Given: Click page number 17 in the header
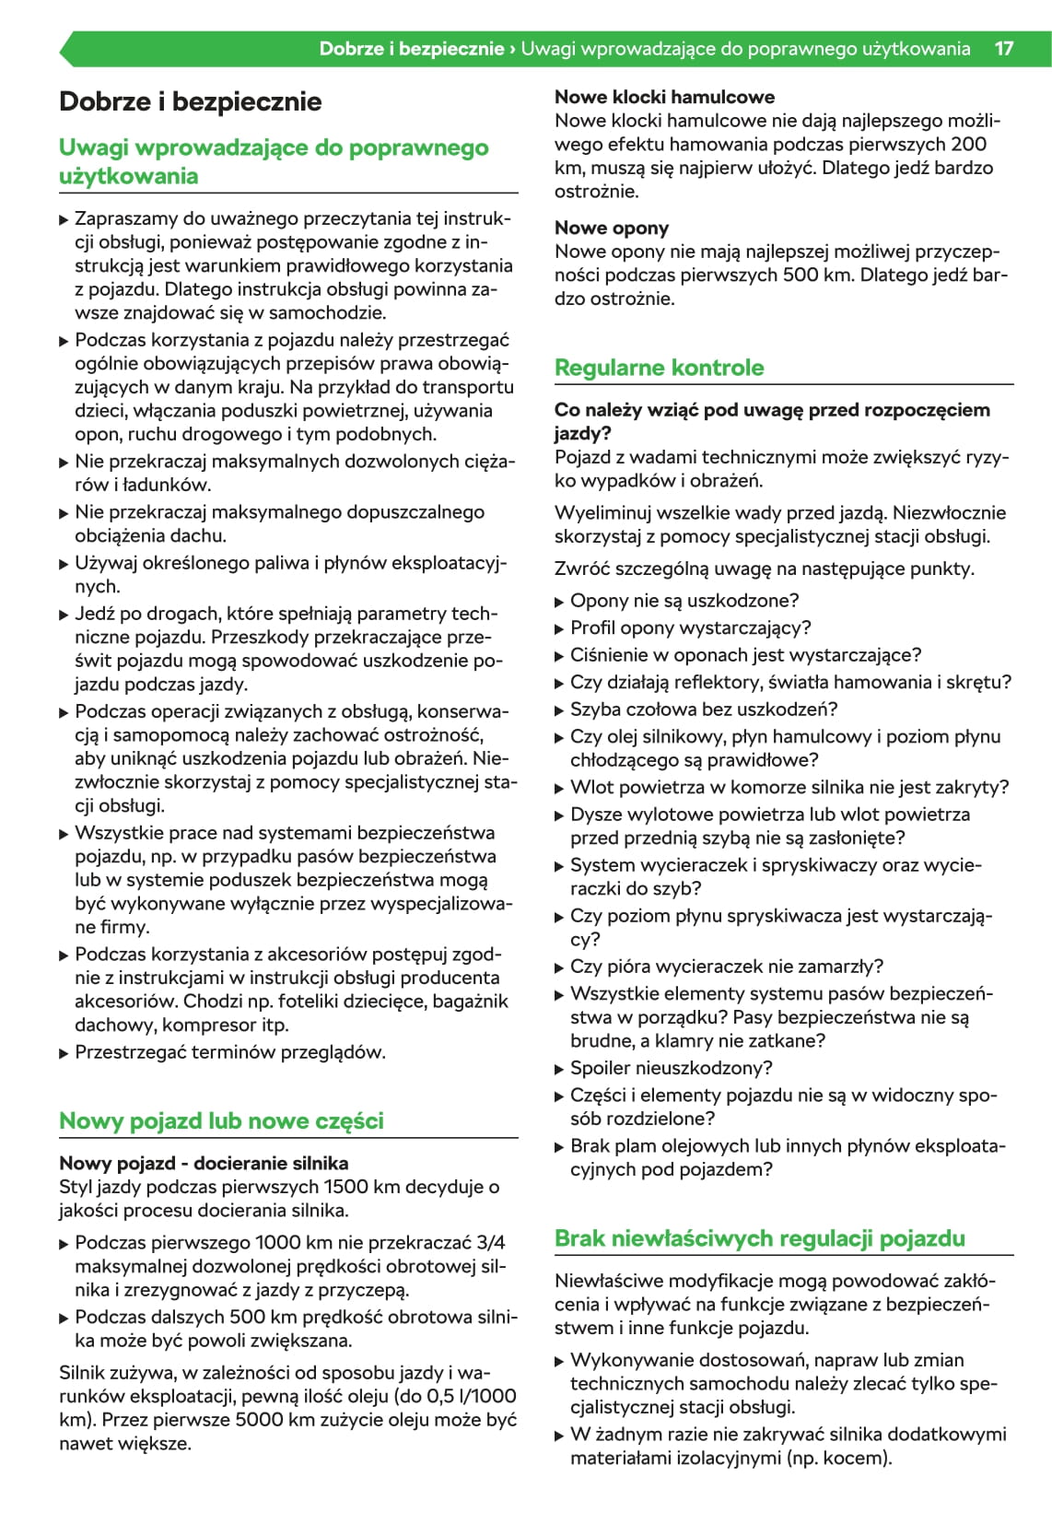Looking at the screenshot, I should [1003, 49].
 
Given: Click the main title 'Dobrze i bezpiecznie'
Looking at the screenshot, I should [190, 101].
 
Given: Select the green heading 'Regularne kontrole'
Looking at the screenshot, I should [659, 368].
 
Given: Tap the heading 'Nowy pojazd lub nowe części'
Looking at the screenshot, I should [221, 1121].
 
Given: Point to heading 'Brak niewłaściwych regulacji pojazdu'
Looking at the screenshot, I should [759, 1238].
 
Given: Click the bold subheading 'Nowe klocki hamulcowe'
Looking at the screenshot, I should [664, 97].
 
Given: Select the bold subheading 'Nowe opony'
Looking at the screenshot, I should [611, 228].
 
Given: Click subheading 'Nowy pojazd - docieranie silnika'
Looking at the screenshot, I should [204, 1163].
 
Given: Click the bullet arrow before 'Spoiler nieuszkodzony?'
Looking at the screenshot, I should [559, 1069].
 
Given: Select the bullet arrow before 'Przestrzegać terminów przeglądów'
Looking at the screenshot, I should [64, 1053].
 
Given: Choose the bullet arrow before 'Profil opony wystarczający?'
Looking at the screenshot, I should [559, 629].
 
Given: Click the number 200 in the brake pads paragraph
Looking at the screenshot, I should [968, 145].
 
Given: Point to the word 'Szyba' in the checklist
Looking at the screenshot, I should [594, 709].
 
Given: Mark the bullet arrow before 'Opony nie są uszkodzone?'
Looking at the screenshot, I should [559, 602].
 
